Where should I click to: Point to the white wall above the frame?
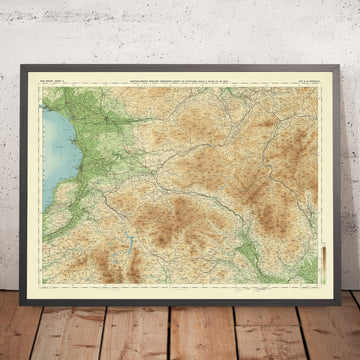[180, 30]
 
